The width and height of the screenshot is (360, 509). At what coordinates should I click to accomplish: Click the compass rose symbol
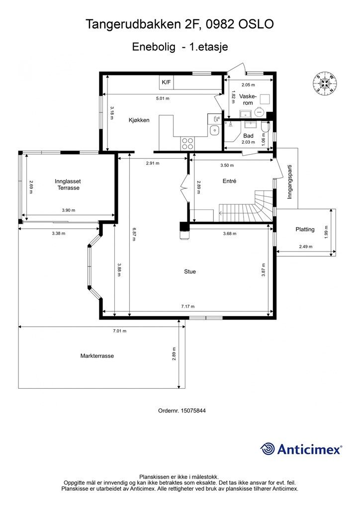325,84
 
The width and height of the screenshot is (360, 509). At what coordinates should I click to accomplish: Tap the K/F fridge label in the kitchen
166,83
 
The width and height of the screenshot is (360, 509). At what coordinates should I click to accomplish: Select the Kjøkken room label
139,120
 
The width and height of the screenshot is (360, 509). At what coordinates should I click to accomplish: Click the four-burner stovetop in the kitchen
187,143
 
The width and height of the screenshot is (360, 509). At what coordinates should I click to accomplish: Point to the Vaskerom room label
248,99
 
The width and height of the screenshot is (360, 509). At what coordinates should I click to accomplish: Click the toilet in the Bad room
265,128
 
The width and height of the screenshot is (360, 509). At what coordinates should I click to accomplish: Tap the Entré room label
229,181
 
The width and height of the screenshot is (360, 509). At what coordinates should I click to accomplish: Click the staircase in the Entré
247,206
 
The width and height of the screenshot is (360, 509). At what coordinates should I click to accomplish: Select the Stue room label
190,272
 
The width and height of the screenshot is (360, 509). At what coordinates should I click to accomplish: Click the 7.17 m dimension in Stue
188,306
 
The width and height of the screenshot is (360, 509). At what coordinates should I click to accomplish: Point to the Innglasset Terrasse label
68,185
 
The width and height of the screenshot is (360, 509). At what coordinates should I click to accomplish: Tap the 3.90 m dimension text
69,210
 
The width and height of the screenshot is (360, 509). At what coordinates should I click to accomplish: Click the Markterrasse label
97,356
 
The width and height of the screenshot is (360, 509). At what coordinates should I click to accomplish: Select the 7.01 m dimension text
119,331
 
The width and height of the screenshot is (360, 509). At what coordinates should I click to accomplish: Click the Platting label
305,230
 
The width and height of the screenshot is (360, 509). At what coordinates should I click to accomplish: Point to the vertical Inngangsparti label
290,182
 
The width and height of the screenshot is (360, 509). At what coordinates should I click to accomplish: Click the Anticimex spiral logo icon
268,449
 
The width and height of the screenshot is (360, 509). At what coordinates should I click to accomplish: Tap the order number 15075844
193,411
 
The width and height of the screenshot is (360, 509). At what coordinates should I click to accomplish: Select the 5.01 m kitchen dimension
163,98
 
